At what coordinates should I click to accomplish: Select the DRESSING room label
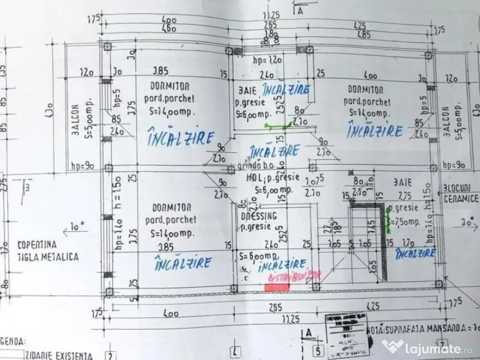click(x=259, y=217)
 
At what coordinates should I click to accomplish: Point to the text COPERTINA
click(x=37, y=244)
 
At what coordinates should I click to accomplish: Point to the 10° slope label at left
click(x=76, y=227)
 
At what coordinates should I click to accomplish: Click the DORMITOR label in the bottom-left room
click(x=170, y=208)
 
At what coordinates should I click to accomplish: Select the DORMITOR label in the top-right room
click(x=366, y=90)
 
